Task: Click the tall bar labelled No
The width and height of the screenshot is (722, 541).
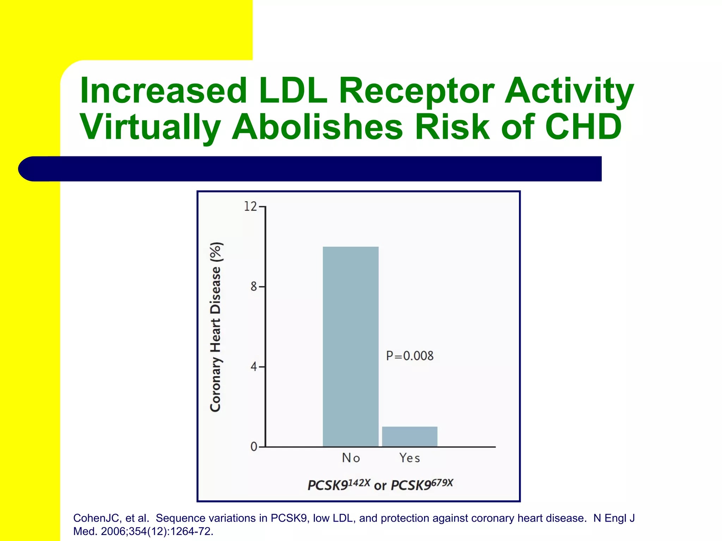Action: [350, 347]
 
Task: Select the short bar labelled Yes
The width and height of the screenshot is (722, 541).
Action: [410, 437]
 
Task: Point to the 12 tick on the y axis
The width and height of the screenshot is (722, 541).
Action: [251, 206]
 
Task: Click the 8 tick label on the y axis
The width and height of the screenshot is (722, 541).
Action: [254, 287]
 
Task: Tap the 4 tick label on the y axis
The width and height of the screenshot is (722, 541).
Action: [254, 367]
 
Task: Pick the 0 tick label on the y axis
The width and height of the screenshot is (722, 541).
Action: [254, 447]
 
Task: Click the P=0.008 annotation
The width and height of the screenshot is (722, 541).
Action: [410, 356]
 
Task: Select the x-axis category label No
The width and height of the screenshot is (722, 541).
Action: [351, 458]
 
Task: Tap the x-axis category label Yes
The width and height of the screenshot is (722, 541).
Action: [410, 458]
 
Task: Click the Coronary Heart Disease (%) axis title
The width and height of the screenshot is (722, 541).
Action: [216, 327]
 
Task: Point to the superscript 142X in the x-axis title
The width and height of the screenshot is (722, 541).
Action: [359, 483]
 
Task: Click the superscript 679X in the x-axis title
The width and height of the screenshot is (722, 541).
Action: [442, 483]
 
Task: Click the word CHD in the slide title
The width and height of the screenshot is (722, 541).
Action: [583, 127]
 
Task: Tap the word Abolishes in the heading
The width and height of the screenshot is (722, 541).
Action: [317, 127]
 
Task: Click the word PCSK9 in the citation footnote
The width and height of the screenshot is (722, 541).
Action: [288, 518]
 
